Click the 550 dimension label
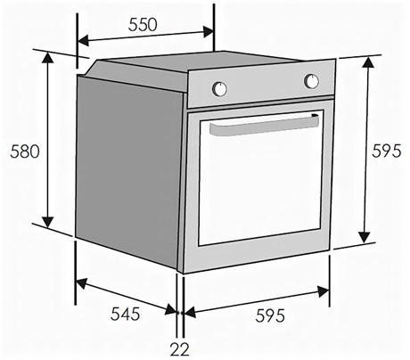pyautogui.click(x=143, y=25)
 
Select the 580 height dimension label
pyautogui.click(x=25, y=151)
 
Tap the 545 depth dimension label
pyautogui.click(x=125, y=314)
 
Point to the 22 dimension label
pyautogui.click(x=180, y=349)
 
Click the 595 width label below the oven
pyautogui.click(x=270, y=315)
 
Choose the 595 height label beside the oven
pyautogui.click(x=387, y=151)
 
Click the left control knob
pyautogui.click(x=219, y=88)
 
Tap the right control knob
pyautogui.click(x=311, y=81)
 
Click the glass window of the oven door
pyautogui.click(x=261, y=178)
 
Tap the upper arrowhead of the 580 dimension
pyautogui.click(x=47, y=59)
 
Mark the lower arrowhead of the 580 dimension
pyautogui.click(x=47, y=222)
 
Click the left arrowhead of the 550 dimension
pyautogui.click(x=84, y=41)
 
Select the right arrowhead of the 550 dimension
pyautogui.click(x=208, y=32)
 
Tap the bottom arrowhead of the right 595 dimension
pyautogui.click(x=365, y=237)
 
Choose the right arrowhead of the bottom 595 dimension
pyautogui.click(x=324, y=291)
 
